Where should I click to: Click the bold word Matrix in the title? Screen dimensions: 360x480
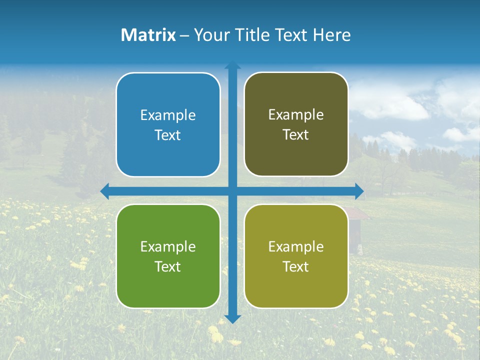coord(148,35)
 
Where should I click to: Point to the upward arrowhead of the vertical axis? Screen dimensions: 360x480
coord(232,65)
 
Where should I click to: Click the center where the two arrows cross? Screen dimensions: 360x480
coord(232,191)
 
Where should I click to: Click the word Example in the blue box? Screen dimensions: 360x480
coord(168,115)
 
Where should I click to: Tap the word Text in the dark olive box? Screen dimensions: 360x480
coord(296,135)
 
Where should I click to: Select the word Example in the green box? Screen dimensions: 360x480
coord(168,246)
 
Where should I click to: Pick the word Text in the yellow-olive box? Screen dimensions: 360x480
coord(296,266)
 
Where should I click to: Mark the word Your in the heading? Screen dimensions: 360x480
coord(208,35)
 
